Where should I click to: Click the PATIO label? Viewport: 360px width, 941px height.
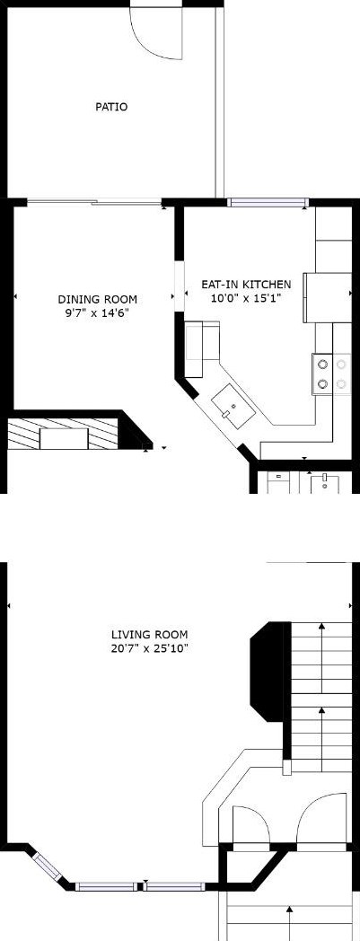pos(111,108)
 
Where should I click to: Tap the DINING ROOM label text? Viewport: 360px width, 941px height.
pos(97,299)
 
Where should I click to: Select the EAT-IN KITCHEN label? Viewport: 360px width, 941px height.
pos(246,285)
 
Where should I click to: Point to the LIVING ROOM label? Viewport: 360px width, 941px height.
pos(149,634)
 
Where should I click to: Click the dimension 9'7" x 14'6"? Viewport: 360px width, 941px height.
pos(97,312)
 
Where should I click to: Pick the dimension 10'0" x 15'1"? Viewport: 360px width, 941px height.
pos(246,298)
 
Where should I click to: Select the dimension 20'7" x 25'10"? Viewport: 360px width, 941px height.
pos(149,648)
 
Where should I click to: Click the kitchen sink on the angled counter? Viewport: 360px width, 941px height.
pos(233,407)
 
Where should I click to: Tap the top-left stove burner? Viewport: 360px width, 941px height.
pos(323,364)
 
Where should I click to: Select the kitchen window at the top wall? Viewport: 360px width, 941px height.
pos(268,202)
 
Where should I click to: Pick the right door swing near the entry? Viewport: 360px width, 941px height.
pos(322,817)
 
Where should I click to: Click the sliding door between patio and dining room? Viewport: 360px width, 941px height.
pos(94,202)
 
